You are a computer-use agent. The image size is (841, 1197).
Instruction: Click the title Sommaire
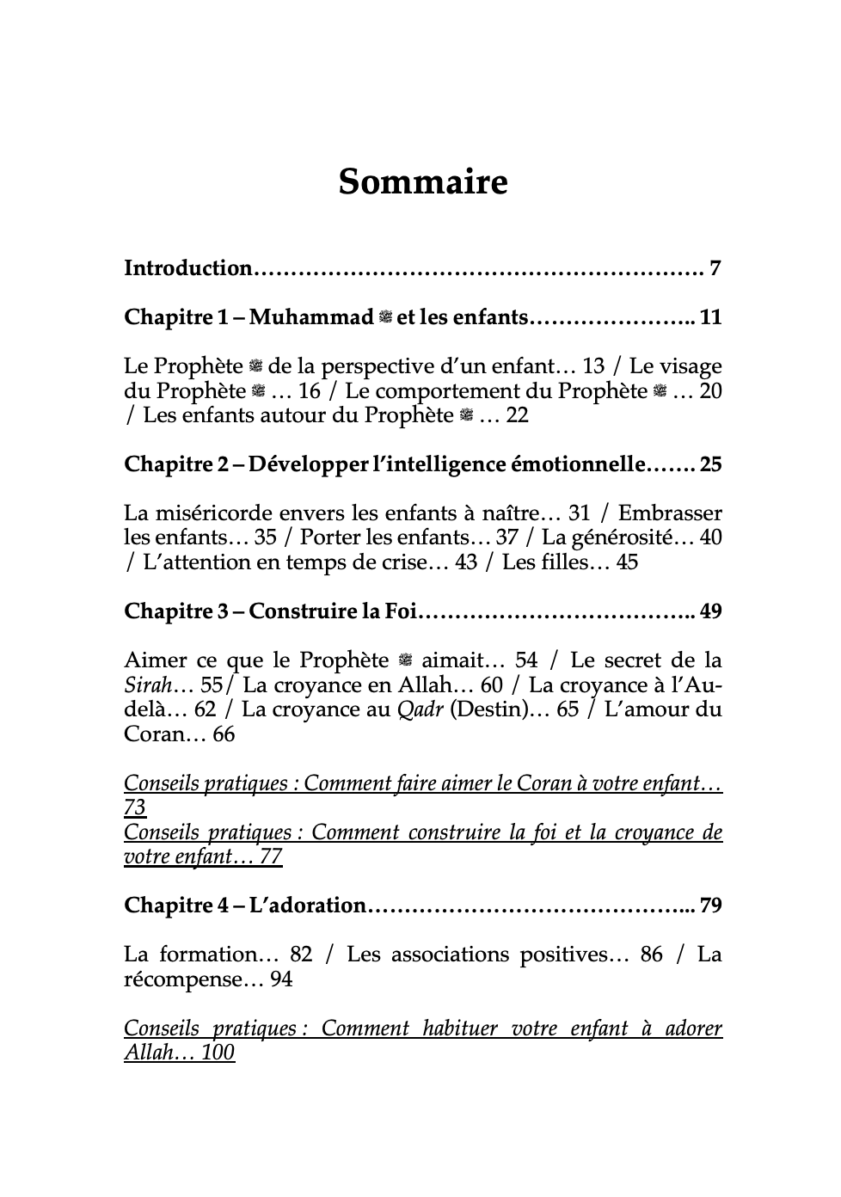(422, 182)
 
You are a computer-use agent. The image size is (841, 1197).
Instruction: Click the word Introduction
(187, 268)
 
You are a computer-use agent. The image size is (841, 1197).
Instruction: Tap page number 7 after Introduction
(715, 268)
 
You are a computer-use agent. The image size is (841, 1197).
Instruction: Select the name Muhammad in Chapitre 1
(311, 317)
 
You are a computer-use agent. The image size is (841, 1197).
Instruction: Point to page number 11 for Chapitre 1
(710, 317)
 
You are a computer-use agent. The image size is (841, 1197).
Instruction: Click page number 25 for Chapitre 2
(710, 464)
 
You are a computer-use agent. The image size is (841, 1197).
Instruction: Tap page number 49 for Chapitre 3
(710, 611)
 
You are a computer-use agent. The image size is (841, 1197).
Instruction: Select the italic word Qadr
(422, 709)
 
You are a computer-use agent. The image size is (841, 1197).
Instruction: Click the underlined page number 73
(135, 808)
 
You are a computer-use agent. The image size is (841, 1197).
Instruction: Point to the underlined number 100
(218, 1053)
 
